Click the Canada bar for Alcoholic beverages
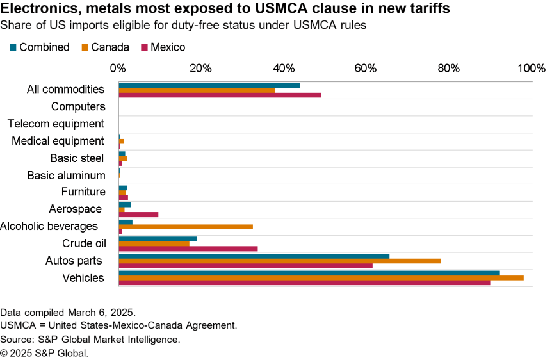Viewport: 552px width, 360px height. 186,227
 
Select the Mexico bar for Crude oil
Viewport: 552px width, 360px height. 188,249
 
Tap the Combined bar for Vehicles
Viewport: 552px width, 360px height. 309,273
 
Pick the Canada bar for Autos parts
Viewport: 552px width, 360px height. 280,261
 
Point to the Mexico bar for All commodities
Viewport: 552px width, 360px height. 220,95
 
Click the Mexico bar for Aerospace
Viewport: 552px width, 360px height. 138,215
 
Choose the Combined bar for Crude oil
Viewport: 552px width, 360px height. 158,239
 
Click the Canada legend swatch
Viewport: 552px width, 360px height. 84,47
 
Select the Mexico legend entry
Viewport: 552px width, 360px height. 163,47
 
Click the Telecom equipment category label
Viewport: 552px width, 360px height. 56,124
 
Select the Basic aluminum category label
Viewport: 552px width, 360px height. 66,175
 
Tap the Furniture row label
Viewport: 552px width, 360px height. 83,192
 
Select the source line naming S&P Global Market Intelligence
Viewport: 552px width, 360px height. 90,340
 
